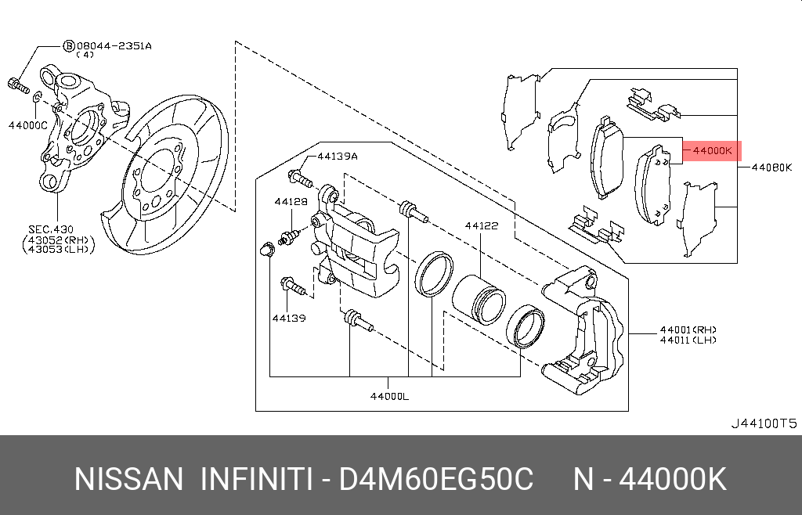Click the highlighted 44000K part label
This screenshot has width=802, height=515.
[713, 151]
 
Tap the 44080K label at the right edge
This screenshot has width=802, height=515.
[771, 167]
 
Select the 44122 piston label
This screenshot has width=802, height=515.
[482, 226]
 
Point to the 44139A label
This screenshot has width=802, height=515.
[338, 157]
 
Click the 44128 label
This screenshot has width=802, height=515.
[291, 202]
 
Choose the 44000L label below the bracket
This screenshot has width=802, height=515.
[390, 396]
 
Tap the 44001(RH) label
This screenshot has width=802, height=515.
[688, 330]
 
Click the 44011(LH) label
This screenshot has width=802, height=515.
[688, 340]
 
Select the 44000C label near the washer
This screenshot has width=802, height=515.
[27, 124]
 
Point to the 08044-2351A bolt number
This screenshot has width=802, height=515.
[114, 46]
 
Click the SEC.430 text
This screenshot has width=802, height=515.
[51, 230]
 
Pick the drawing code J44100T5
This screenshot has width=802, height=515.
[763, 423]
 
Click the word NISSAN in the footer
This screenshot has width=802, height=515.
[128, 479]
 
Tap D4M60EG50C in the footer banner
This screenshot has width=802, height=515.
[436, 479]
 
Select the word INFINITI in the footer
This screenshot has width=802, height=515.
[256, 479]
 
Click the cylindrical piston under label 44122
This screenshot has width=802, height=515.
[479, 300]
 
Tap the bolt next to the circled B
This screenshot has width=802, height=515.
[19, 86]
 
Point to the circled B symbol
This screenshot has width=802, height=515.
[69, 46]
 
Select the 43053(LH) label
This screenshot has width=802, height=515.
[59, 250]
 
